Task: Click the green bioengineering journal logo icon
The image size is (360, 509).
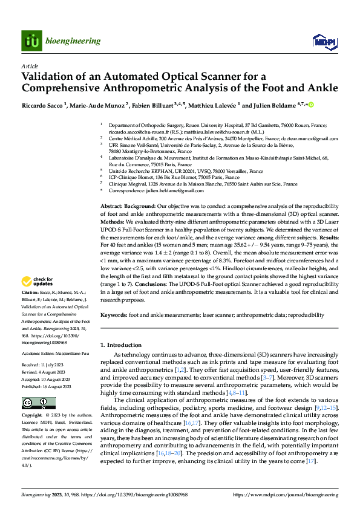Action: (31, 41)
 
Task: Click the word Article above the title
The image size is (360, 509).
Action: (30, 65)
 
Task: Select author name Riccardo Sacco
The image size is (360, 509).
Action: (43, 105)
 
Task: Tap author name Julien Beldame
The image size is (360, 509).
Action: (278, 105)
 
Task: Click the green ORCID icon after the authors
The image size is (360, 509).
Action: (312, 105)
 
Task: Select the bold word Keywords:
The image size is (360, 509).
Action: (114, 315)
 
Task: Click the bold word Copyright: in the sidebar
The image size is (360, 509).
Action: (33, 399)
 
